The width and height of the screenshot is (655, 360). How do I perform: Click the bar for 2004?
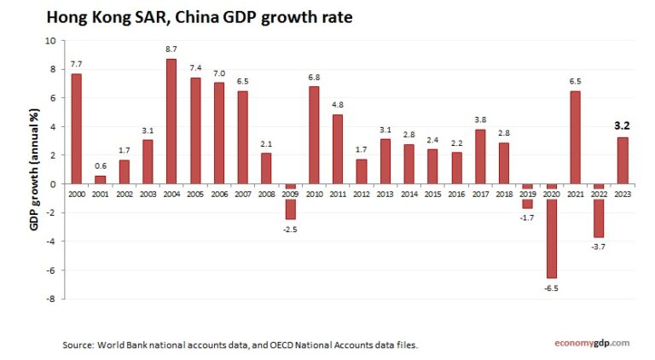coord(171,120)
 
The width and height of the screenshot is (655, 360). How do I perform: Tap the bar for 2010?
coord(314,134)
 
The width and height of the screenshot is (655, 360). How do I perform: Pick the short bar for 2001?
coord(100,179)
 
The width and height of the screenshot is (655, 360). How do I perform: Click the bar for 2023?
coord(623,160)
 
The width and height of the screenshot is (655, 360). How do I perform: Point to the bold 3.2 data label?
coord(623,126)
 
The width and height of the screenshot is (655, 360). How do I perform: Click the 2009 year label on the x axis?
coord(290,194)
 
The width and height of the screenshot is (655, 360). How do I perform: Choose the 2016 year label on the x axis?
coord(456,194)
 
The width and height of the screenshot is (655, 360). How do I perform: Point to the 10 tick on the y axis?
coord(50,40)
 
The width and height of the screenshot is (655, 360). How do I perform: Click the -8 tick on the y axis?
coord(51,299)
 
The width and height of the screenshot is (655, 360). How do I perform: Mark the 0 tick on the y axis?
coord(53,184)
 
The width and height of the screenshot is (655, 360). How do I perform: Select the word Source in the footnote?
coord(78,345)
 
